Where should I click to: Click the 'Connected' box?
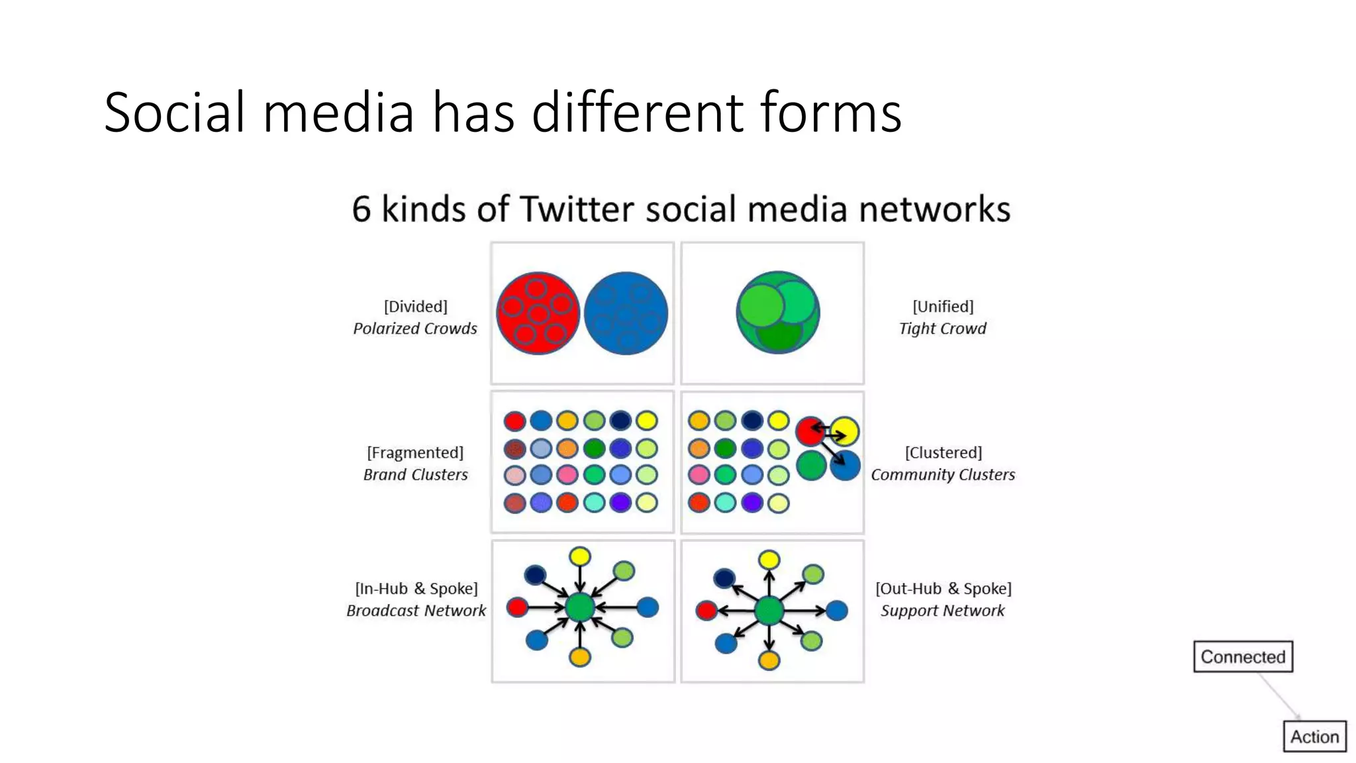click(x=1243, y=656)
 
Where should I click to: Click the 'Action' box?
click(x=1314, y=737)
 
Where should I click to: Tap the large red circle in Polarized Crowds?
click(x=538, y=313)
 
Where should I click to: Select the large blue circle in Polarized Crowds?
click(x=626, y=313)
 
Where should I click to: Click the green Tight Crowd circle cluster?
click(x=778, y=313)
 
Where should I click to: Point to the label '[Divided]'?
click(x=415, y=306)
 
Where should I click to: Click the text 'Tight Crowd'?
click(x=942, y=329)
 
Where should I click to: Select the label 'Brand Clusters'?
click(x=415, y=474)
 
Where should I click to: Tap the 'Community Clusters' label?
click(x=942, y=474)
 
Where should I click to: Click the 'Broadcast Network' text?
click(x=416, y=610)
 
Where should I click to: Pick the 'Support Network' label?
click(x=942, y=610)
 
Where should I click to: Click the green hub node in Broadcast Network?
click(x=580, y=607)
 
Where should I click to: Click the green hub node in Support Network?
click(x=769, y=610)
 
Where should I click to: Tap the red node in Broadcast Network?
click(x=517, y=607)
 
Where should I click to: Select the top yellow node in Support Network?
click(x=769, y=560)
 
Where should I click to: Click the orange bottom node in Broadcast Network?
click(x=579, y=657)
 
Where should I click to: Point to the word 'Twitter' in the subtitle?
click(x=577, y=209)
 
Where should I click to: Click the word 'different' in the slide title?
click(x=638, y=112)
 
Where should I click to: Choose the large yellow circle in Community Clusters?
click(x=844, y=431)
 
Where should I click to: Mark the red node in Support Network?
click(x=706, y=610)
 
